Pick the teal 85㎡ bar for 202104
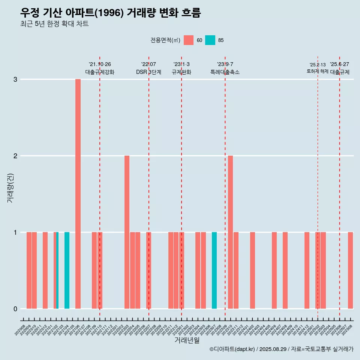pos(67,270)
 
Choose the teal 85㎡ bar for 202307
pos(214,270)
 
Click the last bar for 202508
pos(350,270)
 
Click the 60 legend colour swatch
pos(189,40)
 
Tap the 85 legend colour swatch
pos(210,40)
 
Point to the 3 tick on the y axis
pos(15,79)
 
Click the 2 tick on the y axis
pos(15,156)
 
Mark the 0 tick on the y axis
pos(15,309)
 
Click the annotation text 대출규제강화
pos(100,72)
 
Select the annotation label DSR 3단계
pos(148,72)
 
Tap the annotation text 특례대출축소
pos(225,72)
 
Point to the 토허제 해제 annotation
pos(317,71)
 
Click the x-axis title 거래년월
pos(187,340)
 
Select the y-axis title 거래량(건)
pos(10,187)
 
